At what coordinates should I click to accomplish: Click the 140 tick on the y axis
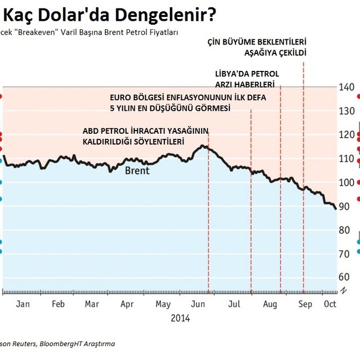[346, 87]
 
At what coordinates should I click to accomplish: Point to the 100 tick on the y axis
[346, 182]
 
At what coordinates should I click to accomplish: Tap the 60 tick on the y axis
[346, 277]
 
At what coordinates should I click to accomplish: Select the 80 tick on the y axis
[346, 229]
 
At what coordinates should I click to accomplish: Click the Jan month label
[22, 304]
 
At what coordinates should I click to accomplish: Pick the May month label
[163, 304]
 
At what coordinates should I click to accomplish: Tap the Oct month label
[330, 304]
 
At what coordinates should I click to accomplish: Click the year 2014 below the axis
[180, 318]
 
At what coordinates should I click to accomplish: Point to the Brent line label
[137, 170]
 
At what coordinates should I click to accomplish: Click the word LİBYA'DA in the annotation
[233, 74]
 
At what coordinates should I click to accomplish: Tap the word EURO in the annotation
[120, 97]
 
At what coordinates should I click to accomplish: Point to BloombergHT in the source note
[62, 343]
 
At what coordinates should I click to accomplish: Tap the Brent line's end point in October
[336, 209]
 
